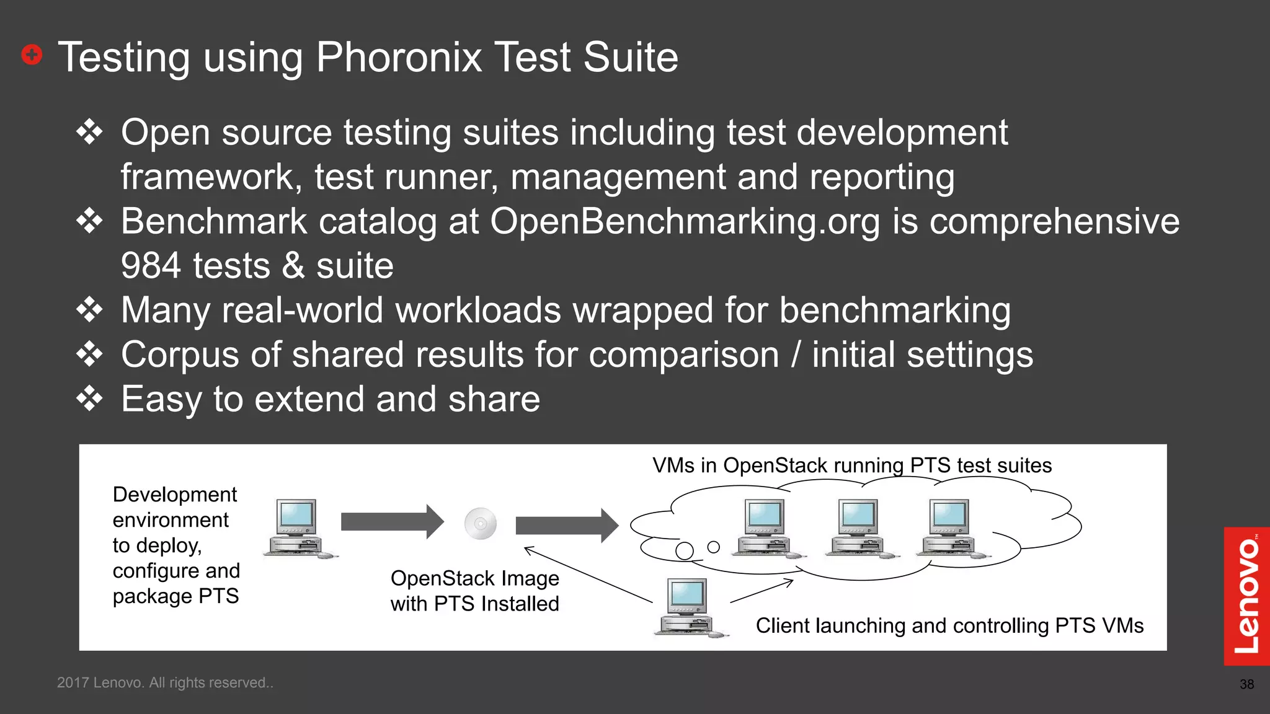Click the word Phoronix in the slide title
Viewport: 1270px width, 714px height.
[x=399, y=57]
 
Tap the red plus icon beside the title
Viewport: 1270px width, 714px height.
[x=32, y=55]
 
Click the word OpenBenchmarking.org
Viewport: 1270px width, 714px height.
[x=685, y=221]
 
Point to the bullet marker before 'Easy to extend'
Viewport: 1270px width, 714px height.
[x=90, y=399]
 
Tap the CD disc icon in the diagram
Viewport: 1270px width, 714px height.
[x=481, y=524]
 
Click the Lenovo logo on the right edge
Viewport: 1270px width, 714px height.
[x=1246, y=596]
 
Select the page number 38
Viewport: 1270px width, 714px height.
[x=1246, y=684]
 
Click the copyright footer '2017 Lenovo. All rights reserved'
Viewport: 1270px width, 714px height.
[x=165, y=682]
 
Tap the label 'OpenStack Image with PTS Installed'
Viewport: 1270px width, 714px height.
[x=474, y=591]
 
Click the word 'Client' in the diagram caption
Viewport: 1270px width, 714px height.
[x=783, y=626]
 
